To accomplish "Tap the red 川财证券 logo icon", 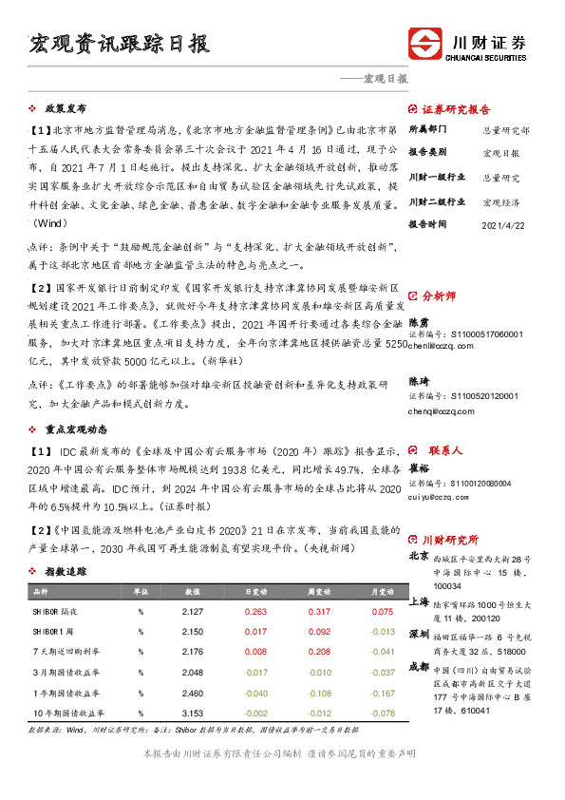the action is tap(425, 45).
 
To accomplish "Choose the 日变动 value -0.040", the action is tap(255, 693).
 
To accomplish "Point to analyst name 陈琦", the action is tap(419, 380).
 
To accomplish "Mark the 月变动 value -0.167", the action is tap(381, 693).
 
